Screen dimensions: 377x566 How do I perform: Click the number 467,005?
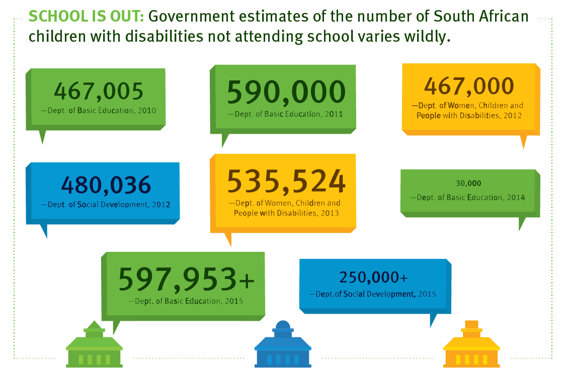click(99, 91)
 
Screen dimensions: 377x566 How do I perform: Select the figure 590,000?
click(286, 92)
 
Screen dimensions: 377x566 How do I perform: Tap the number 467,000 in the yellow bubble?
click(469, 86)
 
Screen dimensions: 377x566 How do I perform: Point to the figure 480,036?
click(106, 185)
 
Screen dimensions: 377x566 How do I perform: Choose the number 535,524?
click(286, 181)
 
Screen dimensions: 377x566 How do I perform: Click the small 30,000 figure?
click(468, 183)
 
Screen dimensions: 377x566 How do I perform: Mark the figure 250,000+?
click(373, 277)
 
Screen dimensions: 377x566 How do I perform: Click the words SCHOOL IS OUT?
click(87, 17)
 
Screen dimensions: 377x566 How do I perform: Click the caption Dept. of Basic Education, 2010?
click(99, 111)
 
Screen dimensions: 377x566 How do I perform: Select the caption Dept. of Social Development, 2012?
click(105, 205)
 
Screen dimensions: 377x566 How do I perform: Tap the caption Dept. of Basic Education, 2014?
click(471, 198)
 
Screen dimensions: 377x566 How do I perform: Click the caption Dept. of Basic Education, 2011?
click(285, 114)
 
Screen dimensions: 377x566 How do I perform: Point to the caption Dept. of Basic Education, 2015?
click(186, 301)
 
